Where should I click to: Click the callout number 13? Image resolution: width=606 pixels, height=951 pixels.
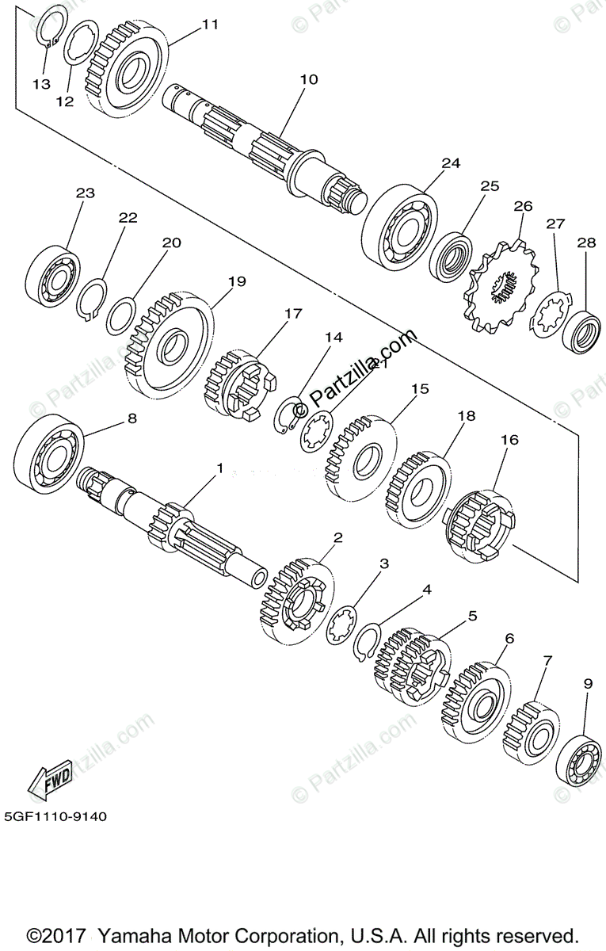point(41,82)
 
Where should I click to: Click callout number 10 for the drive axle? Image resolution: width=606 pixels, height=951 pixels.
point(308,79)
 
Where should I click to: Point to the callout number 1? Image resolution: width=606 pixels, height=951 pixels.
point(220,468)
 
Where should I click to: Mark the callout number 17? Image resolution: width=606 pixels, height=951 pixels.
point(293,314)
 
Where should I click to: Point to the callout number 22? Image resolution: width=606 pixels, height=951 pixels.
point(128,217)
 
